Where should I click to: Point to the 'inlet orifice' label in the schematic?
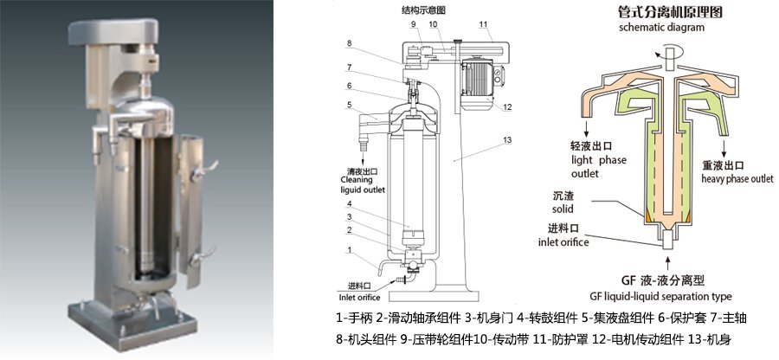pyautogui.click(x=563, y=242)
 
